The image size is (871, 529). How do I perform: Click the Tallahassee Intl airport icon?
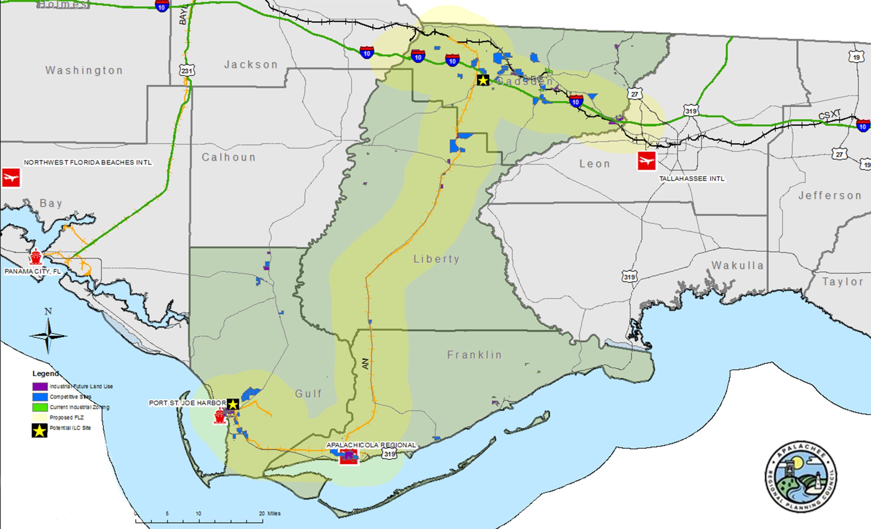(646, 161)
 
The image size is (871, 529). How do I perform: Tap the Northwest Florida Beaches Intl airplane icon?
(11, 177)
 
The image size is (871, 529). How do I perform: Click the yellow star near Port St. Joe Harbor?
(233, 404)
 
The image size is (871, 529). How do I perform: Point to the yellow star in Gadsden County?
(483, 80)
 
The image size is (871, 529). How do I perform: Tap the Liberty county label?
(437, 259)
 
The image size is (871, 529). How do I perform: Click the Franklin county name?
(474, 355)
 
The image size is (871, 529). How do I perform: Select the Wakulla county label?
(737, 265)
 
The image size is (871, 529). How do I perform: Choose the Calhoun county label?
(228, 157)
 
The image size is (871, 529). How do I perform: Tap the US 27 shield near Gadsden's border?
(635, 94)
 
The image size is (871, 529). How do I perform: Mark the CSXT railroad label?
(829, 115)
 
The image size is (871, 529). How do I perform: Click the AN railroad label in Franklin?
(365, 364)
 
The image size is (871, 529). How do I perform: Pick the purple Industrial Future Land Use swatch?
(40, 386)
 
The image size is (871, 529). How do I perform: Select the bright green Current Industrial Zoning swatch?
(40, 407)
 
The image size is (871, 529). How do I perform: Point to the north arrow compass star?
(48, 336)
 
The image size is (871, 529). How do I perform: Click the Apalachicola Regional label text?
(371, 445)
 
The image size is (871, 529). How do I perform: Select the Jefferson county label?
(829, 195)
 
